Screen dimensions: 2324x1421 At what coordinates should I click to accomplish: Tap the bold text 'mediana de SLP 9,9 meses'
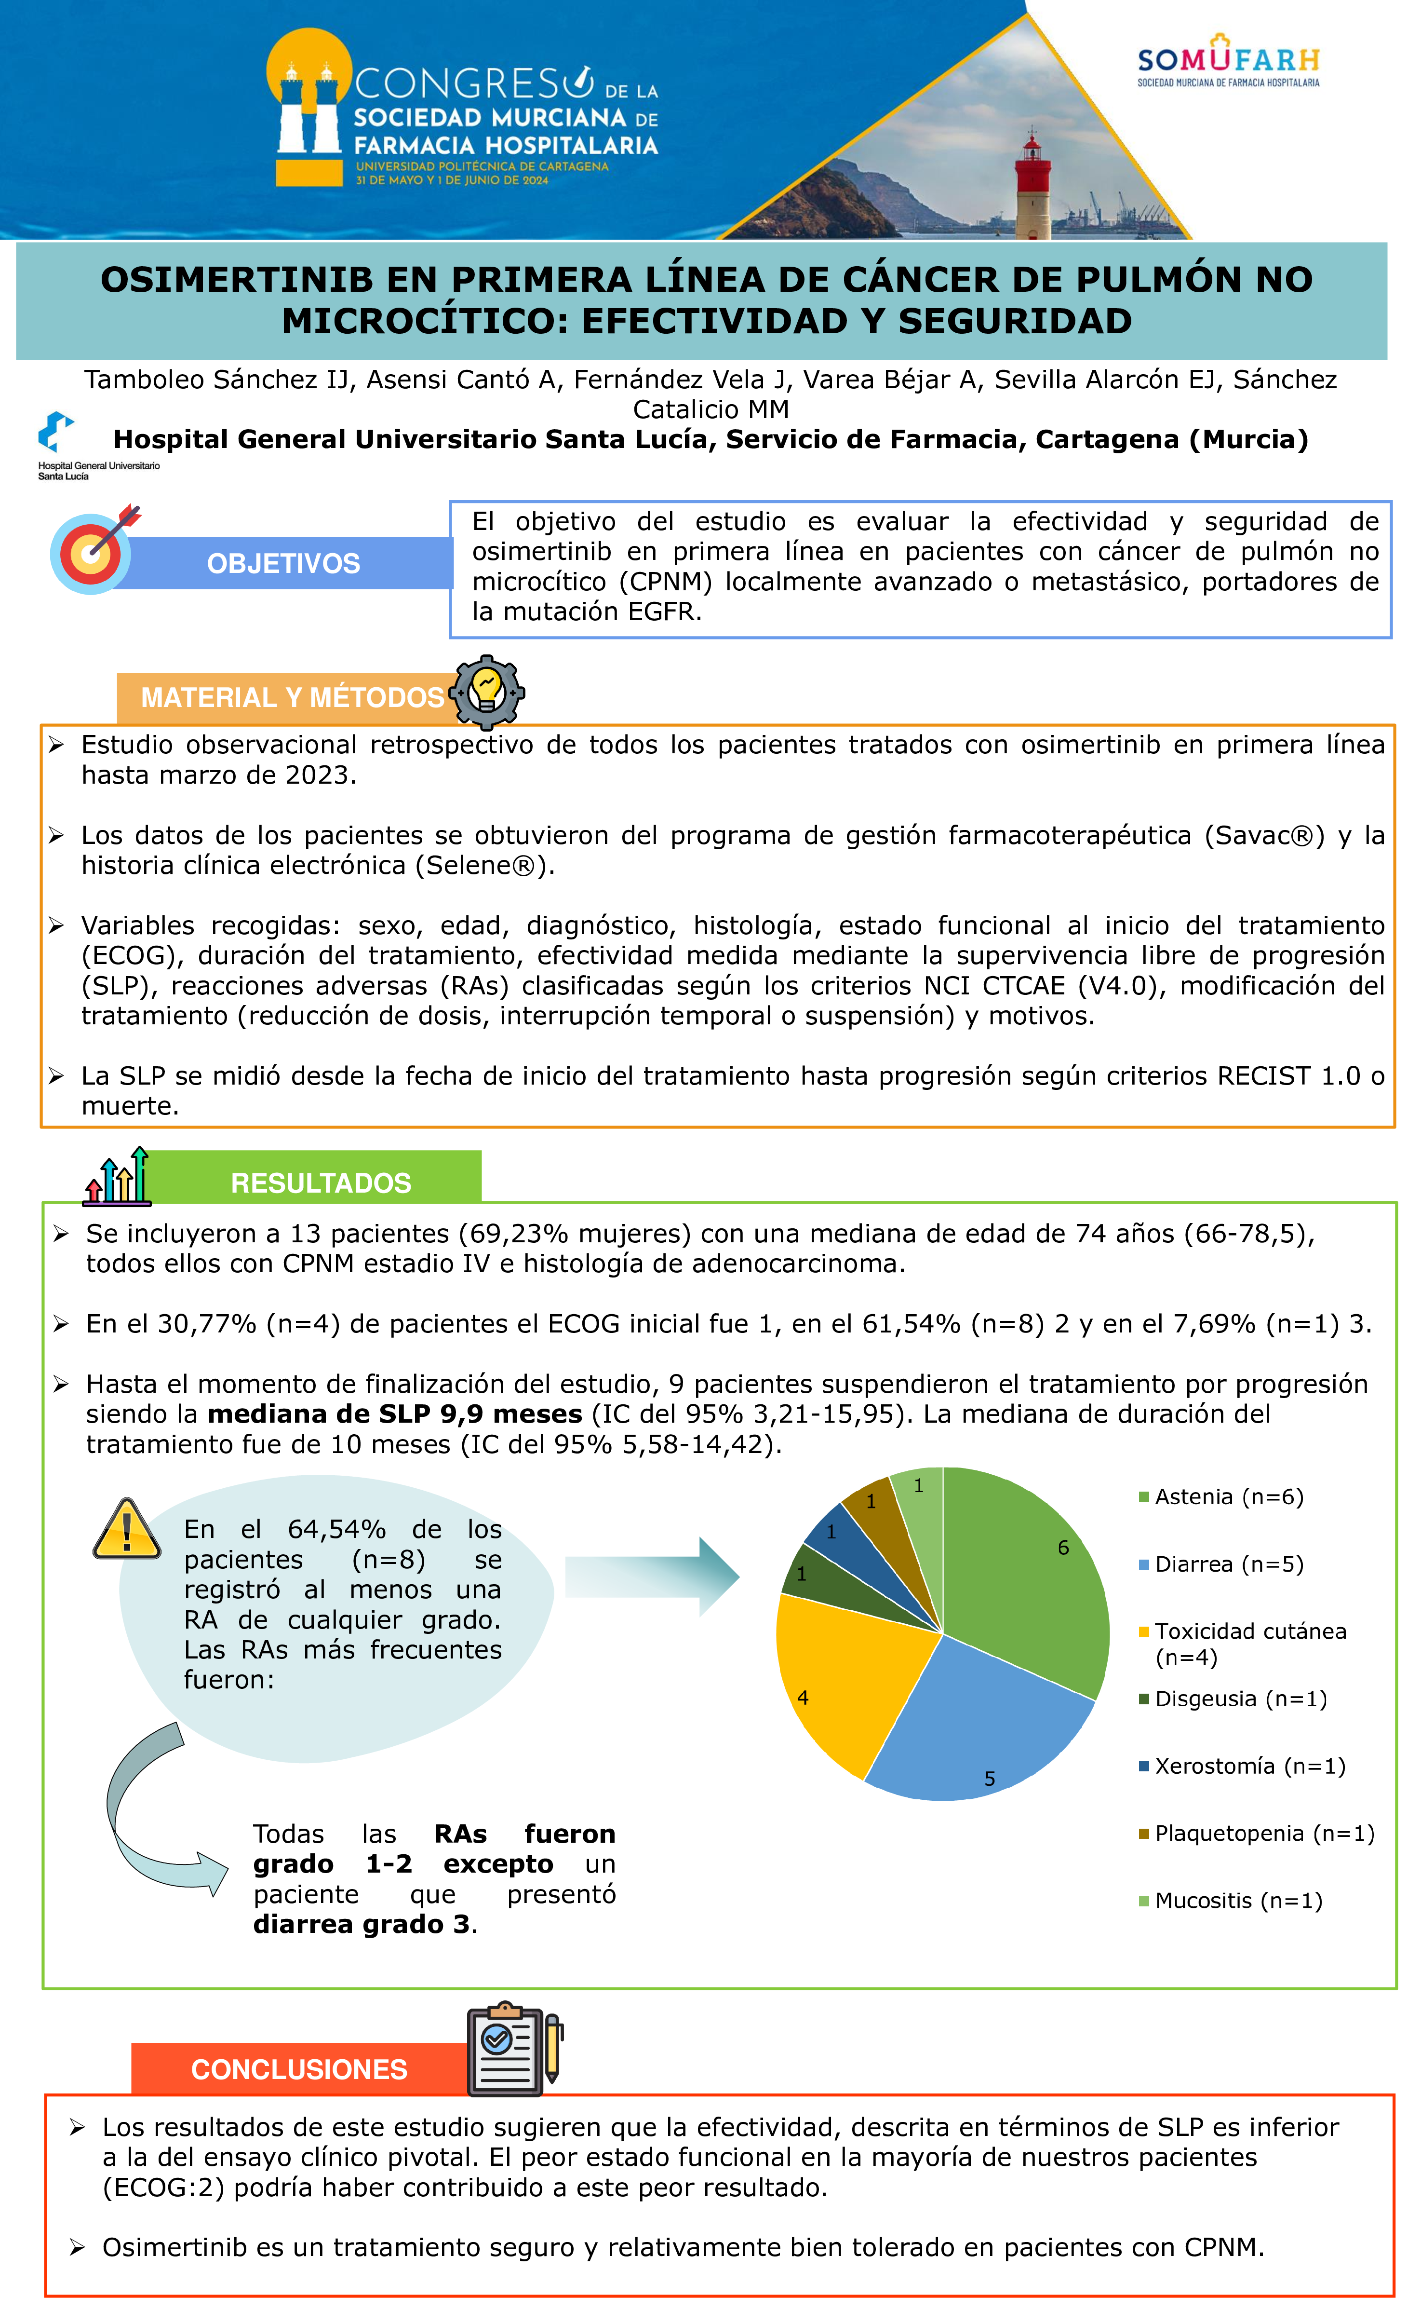[394, 1414]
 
